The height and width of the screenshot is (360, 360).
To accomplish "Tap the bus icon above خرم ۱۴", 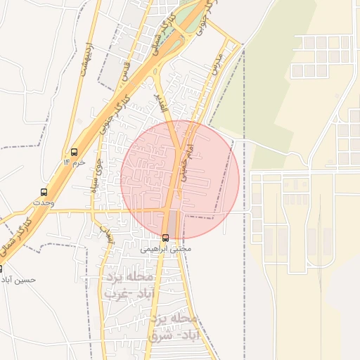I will coord(74,152).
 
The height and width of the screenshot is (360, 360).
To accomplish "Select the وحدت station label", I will coord(44,202).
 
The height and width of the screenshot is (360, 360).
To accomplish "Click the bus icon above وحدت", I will coord(44,191).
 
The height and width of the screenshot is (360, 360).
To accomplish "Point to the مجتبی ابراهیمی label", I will coord(166,249).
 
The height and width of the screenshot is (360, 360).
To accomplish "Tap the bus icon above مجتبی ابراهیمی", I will coord(165,238).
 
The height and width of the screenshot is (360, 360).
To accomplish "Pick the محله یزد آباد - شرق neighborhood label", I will coord(176,328).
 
